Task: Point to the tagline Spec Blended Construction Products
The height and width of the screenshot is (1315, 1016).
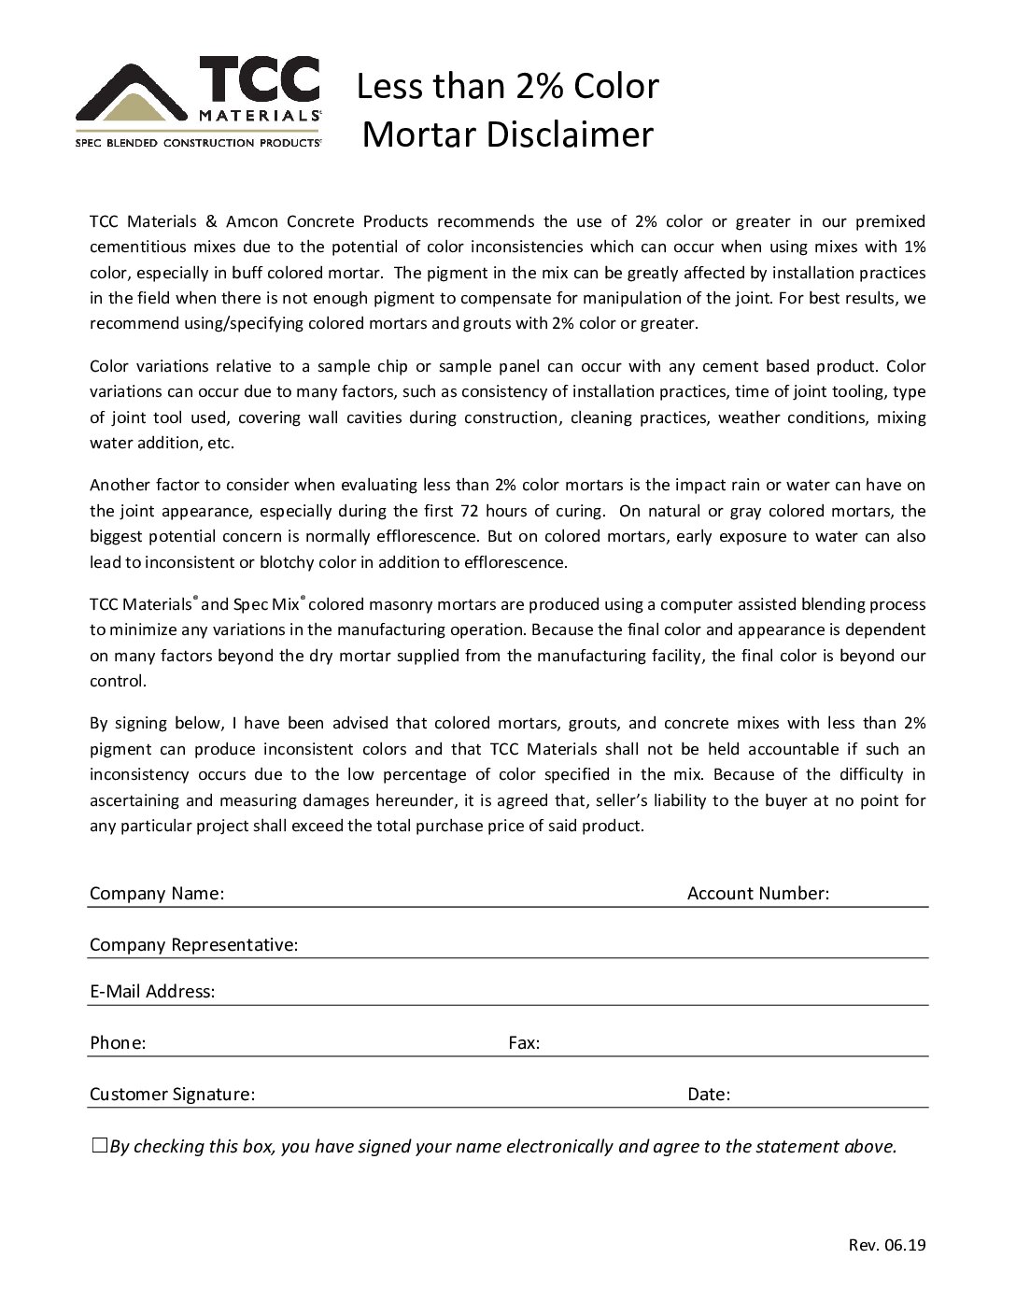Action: click(198, 144)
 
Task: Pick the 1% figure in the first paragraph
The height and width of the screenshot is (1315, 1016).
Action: click(914, 247)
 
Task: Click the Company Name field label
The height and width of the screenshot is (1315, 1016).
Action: click(157, 894)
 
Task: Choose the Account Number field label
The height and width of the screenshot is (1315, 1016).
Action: click(758, 894)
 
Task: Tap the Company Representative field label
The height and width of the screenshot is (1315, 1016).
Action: click(194, 945)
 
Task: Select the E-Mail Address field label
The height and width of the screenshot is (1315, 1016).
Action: click(152, 992)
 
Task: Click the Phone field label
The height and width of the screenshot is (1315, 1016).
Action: click(118, 1043)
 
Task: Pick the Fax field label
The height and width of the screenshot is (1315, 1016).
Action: click(524, 1043)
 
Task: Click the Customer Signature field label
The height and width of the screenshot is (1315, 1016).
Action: click(172, 1095)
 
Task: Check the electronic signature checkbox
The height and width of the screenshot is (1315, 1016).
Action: click(100, 1146)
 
